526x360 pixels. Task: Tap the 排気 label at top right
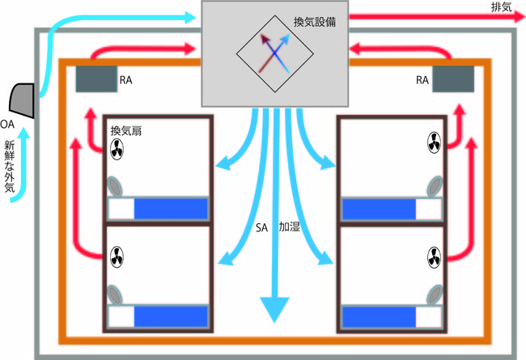click(x=502, y=6)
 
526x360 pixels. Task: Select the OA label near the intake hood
click(x=6, y=123)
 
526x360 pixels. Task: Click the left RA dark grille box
click(x=96, y=80)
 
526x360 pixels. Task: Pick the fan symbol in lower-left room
click(x=117, y=259)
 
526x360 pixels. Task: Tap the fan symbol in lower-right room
click(x=431, y=259)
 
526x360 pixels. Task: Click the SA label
click(x=261, y=229)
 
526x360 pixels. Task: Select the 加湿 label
click(x=289, y=228)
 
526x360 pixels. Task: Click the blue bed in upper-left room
click(x=170, y=209)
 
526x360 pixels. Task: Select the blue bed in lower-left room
click(x=170, y=316)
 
